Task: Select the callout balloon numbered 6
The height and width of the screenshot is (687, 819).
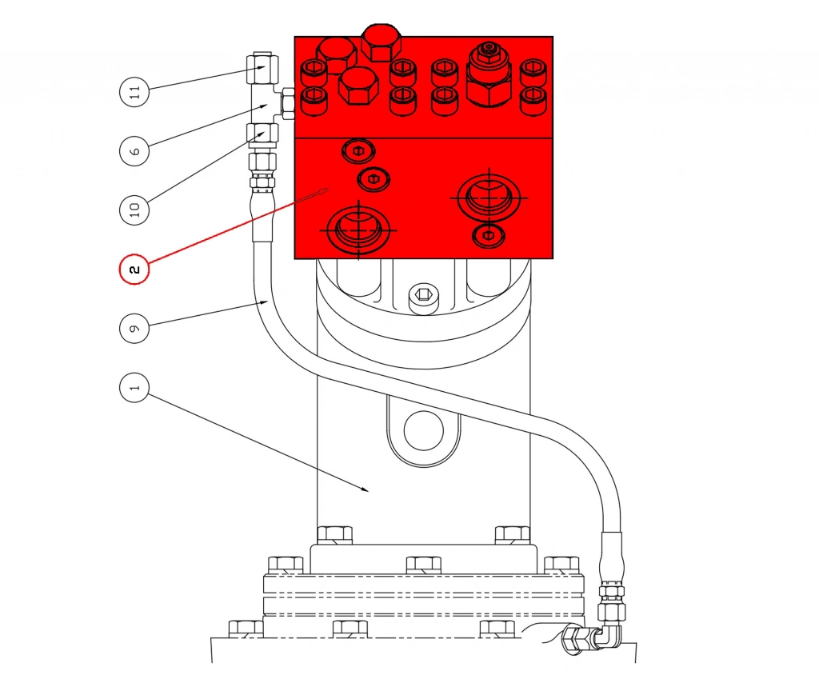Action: click(x=134, y=150)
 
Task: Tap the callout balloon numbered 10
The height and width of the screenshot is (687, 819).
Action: click(x=134, y=210)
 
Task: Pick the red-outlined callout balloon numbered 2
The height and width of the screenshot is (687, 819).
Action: click(x=134, y=270)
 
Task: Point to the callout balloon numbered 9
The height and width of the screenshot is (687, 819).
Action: click(x=134, y=329)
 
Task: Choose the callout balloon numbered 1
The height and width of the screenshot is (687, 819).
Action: click(x=134, y=389)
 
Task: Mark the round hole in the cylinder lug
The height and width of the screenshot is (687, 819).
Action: click(x=423, y=430)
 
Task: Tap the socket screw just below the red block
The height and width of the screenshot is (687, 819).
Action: click(x=423, y=298)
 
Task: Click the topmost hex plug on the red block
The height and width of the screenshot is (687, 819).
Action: click(x=381, y=41)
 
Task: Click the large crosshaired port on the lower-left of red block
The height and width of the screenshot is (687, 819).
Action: click(x=358, y=228)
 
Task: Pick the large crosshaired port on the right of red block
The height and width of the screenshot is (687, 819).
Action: click(x=488, y=196)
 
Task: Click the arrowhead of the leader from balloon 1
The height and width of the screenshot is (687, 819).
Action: click(x=367, y=489)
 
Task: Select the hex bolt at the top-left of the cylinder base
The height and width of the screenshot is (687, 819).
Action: click(x=334, y=534)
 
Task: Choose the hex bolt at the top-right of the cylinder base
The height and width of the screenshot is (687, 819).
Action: click(x=512, y=534)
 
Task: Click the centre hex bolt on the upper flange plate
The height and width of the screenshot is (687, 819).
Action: click(x=423, y=565)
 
